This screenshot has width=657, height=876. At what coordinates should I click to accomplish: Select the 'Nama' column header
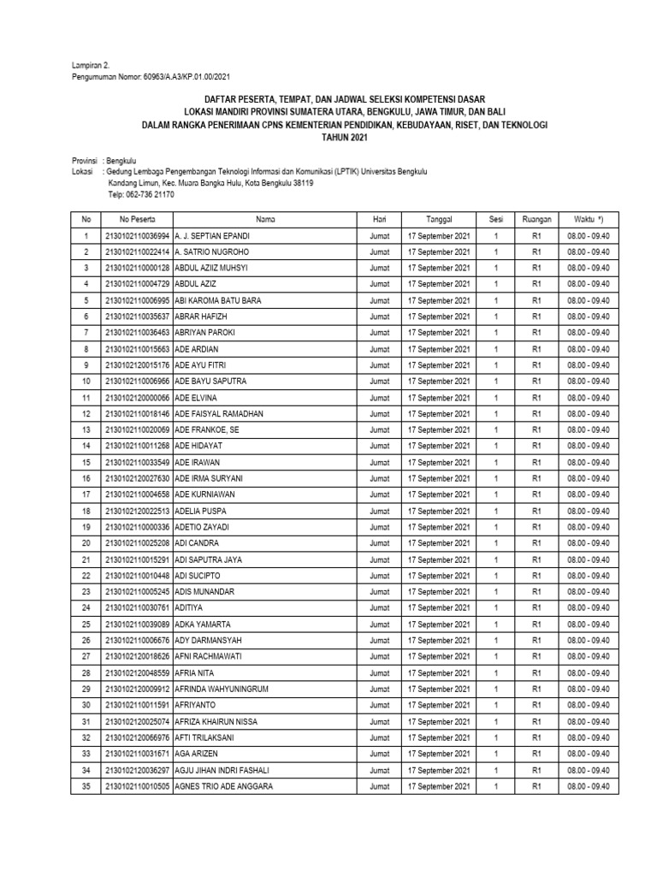(x=265, y=219)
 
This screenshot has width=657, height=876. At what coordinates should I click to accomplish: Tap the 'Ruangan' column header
(x=537, y=219)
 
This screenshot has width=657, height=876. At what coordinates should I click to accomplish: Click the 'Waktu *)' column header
(x=589, y=219)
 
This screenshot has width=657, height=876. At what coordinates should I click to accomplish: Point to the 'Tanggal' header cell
(x=439, y=219)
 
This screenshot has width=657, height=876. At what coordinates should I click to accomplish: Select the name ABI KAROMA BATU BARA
(x=218, y=300)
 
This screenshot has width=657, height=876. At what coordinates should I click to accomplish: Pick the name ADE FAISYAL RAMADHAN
(x=219, y=413)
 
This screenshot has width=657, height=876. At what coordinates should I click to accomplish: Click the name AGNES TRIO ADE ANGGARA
(x=224, y=785)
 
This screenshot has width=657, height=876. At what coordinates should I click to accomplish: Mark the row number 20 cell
(x=86, y=542)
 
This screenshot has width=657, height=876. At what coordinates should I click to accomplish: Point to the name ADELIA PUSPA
(x=200, y=511)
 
